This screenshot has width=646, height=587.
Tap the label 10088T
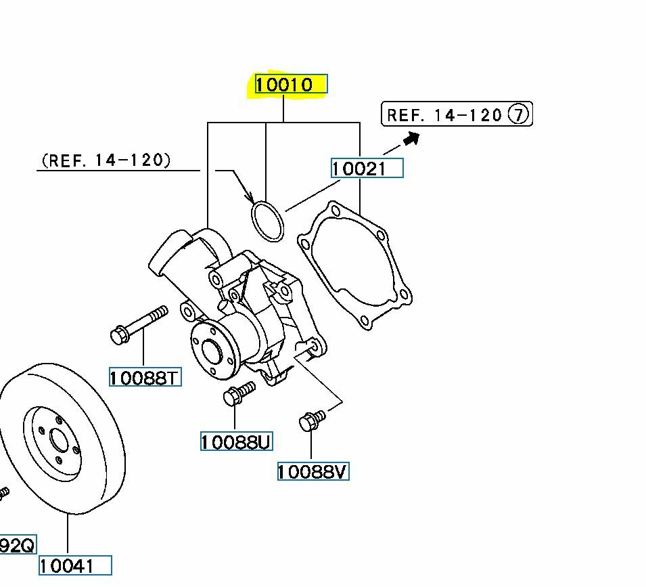(x=145, y=377)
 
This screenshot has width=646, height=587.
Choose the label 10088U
(x=236, y=442)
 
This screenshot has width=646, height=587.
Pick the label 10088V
(x=313, y=471)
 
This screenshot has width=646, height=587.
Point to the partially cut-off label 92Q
(x=16, y=544)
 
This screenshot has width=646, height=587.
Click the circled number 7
(x=518, y=114)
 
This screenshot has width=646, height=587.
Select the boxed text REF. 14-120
(x=444, y=114)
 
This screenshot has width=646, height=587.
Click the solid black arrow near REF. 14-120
(x=411, y=138)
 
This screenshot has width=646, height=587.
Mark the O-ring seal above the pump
(x=267, y=221)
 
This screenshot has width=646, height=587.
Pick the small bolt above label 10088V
(x=312, y=420)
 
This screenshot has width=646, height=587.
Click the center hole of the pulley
(x=60, y=441)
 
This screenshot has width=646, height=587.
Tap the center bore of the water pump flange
(x=211, y=351)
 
